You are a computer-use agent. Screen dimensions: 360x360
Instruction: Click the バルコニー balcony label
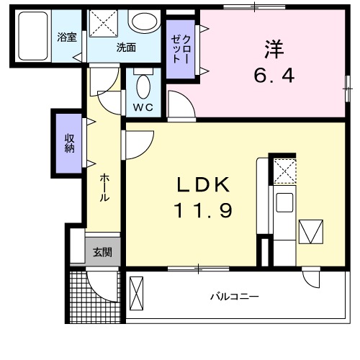point(235,296)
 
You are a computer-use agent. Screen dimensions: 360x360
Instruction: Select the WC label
point(142,107)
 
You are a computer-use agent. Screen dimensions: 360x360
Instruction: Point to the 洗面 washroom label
point(127,48)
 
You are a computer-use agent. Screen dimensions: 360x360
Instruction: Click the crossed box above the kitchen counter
point(283,171)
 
